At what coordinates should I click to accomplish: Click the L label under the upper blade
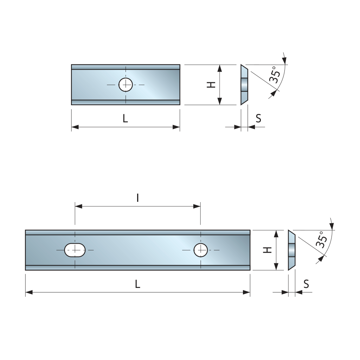(125, 118)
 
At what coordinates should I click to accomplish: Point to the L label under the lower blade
(137, 284)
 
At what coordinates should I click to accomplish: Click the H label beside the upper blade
(211, 85)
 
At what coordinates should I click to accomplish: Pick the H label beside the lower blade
(268, 250)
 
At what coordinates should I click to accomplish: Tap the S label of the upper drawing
(258, 118)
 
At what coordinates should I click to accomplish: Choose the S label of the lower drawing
(306, 284)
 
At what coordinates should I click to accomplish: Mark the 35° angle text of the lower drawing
(322, 240)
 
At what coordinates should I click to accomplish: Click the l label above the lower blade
(137, 198)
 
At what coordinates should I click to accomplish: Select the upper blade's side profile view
(244, 85)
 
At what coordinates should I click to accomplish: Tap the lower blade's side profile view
(291, 250)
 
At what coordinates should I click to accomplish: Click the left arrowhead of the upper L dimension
(75, 127)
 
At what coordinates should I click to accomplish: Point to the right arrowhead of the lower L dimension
(246, 292)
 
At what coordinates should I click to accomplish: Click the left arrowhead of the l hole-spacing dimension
(78, 206)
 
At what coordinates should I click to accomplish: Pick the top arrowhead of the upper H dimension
(220, 69)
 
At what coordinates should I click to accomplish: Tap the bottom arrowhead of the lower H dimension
(276, 266)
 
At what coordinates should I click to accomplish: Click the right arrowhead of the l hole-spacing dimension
(197, 206)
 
